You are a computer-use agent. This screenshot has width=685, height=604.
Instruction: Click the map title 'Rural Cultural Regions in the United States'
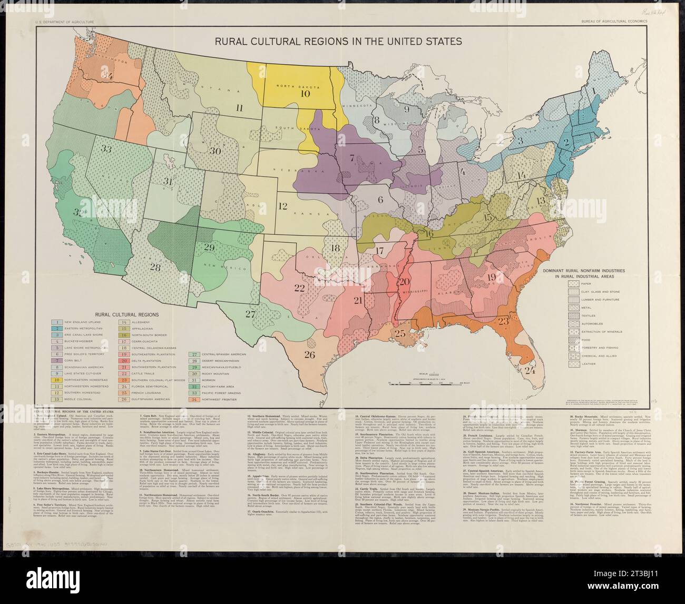pyautogui.click(x=337, y=41)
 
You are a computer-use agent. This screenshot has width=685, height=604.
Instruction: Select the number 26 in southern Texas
pyautogui.click(x=310, y=354)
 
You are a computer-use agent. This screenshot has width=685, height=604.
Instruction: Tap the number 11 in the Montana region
pyautogui.click(x=240, y=108)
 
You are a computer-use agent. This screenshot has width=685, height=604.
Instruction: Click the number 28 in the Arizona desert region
pyautogui.click(x=154, y=266)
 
